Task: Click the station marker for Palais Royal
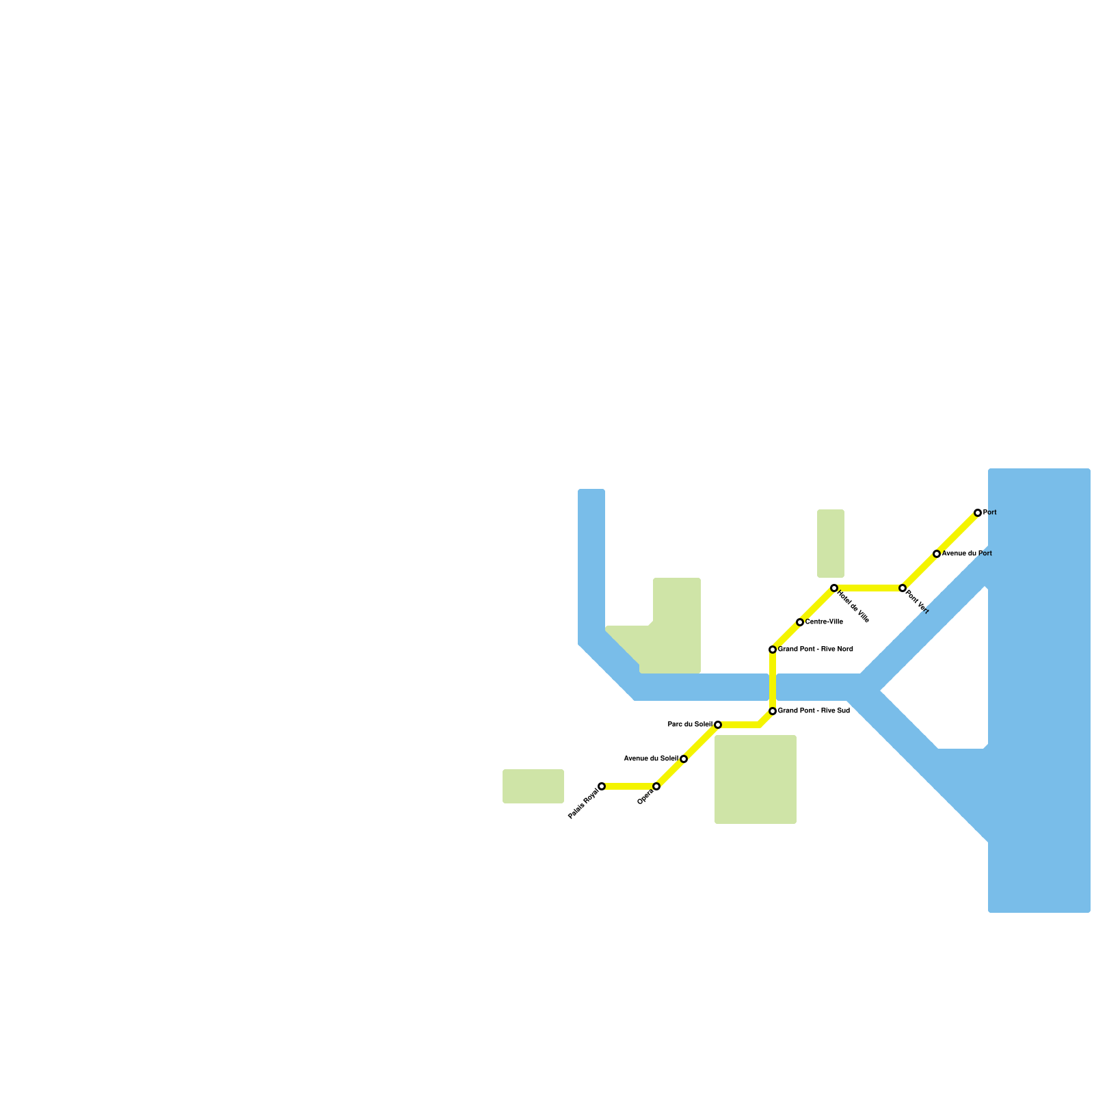(602, 786)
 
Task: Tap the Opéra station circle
(656, 786)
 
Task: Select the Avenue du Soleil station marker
(684, 759)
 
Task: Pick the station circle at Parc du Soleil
(718, 725)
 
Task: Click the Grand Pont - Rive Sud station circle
(773, 711)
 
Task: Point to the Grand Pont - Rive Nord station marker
(773, 650)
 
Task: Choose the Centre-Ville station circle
(800, 622)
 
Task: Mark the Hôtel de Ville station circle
(834, 588)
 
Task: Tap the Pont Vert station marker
(903, 588)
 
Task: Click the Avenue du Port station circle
(937, 554)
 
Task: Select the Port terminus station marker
(978, 513)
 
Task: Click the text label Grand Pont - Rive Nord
(815, 650)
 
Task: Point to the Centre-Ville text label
(824, 622)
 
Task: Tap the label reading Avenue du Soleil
(651, 759)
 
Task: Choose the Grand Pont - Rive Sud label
(814, 711)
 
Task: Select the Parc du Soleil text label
(690, 725)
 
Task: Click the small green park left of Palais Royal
(533, 786)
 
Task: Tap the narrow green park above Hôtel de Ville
(831, 544)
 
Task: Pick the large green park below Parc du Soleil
(756, 779)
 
